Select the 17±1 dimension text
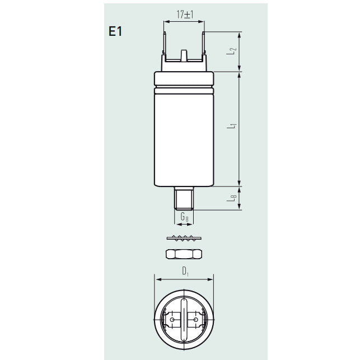pyautogui.click(x=184, y=15)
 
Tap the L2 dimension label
pyautogui.click(x=231, y=51)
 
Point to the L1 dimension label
pyautogui.click(x=231, y=128)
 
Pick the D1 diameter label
pyautogui.click(x=185, y=272)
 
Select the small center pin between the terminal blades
pyautogui.click(x=184, y=55)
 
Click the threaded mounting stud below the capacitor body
pyautogui.click(x=184, y=198)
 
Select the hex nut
pyautogui.click(x=184, y=254)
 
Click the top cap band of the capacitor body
pyautogui.click(x=184, y=78)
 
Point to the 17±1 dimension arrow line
pyautogui.click(x=184, y=22)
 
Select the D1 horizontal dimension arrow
pyautogui.click(x=184, y=279)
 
